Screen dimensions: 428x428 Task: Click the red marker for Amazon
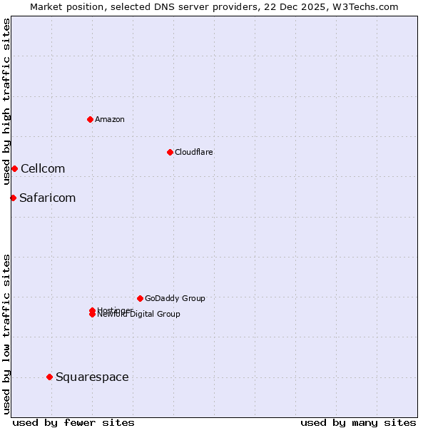pyautogui.click(x=90, y=119)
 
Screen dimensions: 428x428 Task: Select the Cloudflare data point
pyautogui.click(x=170, y=152)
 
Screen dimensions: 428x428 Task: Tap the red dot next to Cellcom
pyautogui.click(x=14, y=168)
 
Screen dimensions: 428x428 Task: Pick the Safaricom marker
pyautogui.click(x=13, y=198)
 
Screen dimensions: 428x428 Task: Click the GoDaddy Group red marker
pyautogui.click(x=140, y=298)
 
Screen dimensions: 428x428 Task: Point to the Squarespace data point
pyautogui.click(x=49, y=377)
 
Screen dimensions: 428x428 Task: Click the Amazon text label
pyautogui.click(x=110, y=119)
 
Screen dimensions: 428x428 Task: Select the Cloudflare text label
pyautogui.click(x=193, y=152)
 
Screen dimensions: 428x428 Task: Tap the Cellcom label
pyautogui.click(x=43, y=168)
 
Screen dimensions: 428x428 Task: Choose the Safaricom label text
pyautogui.click(x=47, y=198)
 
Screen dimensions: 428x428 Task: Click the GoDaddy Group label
pyautogui.click(x=175, y=298)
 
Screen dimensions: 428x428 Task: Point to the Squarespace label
pyautogui.click(x=92, y=377)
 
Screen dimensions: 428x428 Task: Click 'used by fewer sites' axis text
pyautogui.click(x=73, y=422)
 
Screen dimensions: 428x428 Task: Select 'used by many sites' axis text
pyautogui.click(x=358, y=422)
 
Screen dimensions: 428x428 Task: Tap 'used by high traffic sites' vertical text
pyautogui.click(x=6, y=102)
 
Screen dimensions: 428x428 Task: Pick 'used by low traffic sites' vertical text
pyautogui.click(x=6, y=333)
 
